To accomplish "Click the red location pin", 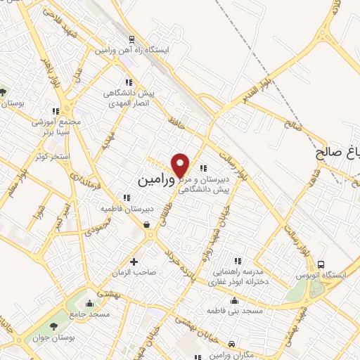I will click(x=181, y=165).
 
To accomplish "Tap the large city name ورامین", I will click(x=153, y=181).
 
